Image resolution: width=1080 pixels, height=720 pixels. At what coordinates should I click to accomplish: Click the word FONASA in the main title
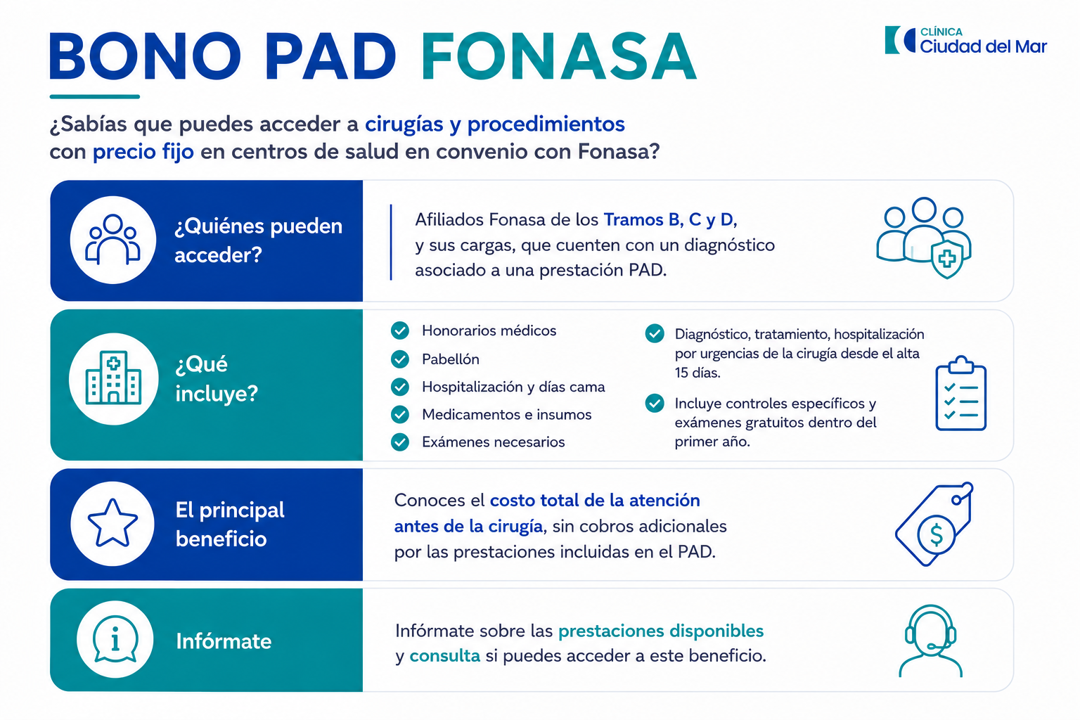[x=558, y=56]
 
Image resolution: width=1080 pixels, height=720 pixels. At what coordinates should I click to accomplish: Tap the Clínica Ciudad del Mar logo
[x=965, y=41]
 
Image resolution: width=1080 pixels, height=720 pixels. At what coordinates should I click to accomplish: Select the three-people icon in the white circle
[x=112, y=239]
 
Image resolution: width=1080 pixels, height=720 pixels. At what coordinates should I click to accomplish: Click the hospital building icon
[x=113, y=378]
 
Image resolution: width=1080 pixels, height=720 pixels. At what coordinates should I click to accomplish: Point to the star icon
[x=112, y=523]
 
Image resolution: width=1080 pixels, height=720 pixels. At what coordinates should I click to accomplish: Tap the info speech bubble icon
[x=115, y=639]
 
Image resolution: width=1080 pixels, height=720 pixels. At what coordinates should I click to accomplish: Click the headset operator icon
[x=930, y=641]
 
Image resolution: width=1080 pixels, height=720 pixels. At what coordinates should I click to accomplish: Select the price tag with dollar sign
[x=934, y=525]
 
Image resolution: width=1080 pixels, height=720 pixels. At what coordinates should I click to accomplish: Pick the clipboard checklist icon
[x=961, y=393]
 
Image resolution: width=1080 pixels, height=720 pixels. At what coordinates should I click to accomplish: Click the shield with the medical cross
[x=947, y=259]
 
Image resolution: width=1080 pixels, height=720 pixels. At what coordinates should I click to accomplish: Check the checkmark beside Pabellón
[x=399, y=359]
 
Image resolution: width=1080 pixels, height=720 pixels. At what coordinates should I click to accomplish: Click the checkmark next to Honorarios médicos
[x=399, y=331]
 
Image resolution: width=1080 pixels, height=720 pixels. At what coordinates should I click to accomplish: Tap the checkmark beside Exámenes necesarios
[x=399, y=442]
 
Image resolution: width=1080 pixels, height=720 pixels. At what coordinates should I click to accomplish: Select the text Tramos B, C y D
[x=670, y=220]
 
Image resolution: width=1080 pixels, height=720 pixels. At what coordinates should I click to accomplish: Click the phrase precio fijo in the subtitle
[x=143, y=152]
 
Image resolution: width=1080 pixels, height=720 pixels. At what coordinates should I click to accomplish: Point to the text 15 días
[x=697, y=373]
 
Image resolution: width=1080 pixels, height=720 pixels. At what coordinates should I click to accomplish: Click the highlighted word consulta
[x=444, y=656]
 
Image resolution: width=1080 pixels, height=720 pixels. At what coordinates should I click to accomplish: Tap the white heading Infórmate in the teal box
[x=224, y=641]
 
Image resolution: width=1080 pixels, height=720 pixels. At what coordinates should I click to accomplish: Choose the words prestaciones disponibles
[x=661, y=631]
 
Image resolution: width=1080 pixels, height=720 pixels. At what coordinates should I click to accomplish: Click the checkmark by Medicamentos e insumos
[x=399, y=415]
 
